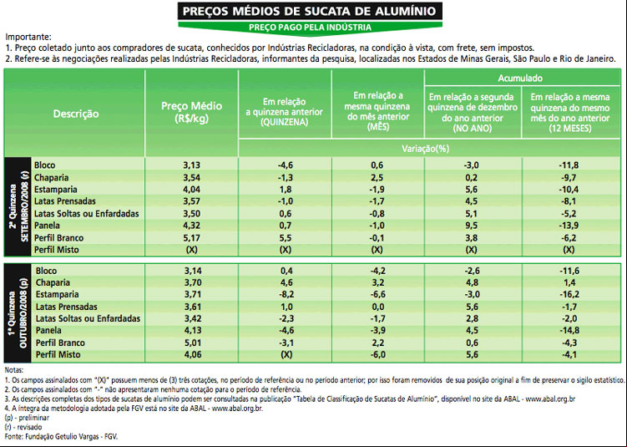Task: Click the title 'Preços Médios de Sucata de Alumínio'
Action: click(x=310, y=11)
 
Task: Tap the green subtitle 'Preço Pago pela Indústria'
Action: click(x=310, y=28)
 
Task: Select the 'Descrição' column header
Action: click(x=76, y=114)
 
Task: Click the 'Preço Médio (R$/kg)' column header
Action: click(x=191, y=112)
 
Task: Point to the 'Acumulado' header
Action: click(x=520, y=78)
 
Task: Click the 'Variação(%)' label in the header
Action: click(x=426, y=149)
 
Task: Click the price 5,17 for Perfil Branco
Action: click(x=192, y=238)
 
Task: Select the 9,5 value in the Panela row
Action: click(x=472, y=226)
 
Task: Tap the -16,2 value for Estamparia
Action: click(x=569, y=295)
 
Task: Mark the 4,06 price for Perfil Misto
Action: click(x=193, y=354)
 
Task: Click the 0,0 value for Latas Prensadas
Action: click(x=377, y=307)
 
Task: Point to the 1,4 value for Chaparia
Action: click(x=569, y=282)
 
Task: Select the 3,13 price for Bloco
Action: click(x=192, y=165)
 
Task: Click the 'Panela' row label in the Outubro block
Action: click(x=48, y=331)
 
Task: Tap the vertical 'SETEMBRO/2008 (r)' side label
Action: click(x=25, y=206)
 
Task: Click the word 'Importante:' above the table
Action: click(x=28, y=38)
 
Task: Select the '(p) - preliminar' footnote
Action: click(x=27, y=418)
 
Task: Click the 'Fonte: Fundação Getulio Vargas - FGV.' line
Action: click(x=61, y=437)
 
